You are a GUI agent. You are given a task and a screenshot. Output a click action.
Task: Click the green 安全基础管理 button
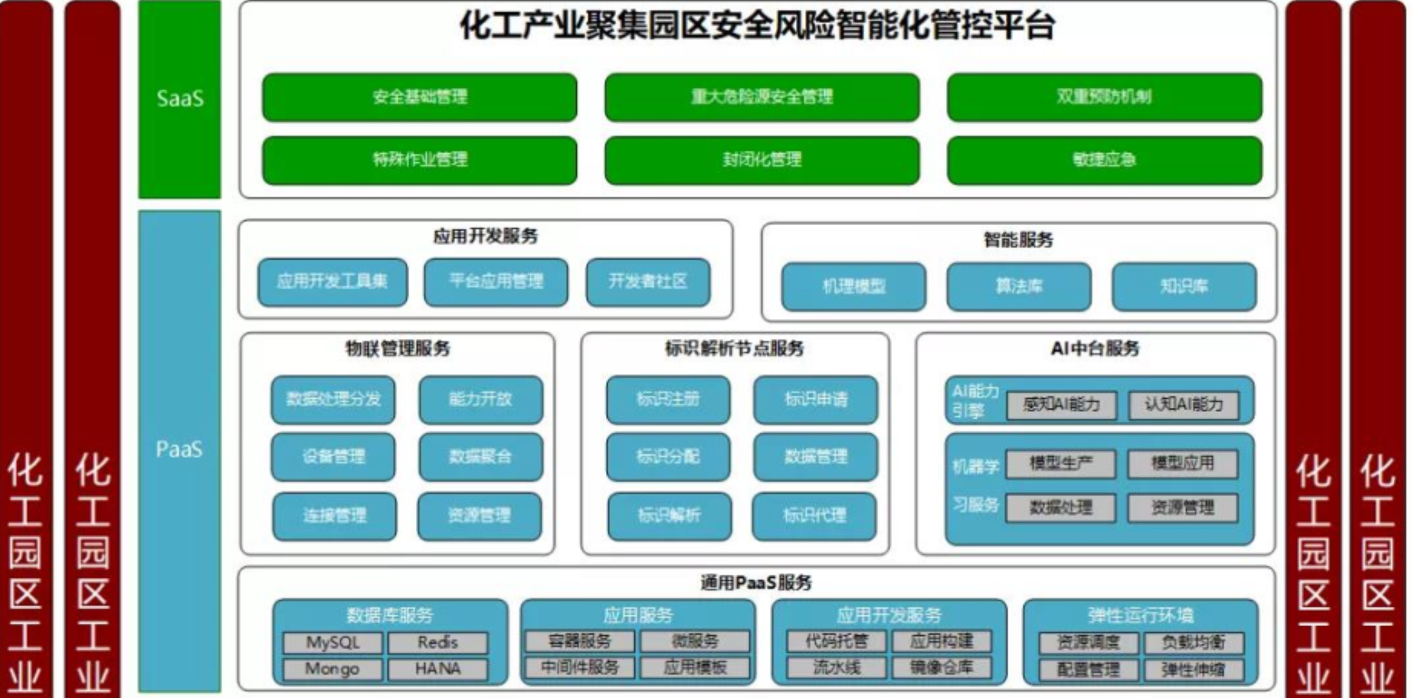419,97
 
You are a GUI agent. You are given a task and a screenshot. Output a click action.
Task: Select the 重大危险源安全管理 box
762,97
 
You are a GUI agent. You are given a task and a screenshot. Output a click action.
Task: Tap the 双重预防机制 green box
1104,97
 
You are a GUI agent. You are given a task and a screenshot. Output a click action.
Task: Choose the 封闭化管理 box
762,160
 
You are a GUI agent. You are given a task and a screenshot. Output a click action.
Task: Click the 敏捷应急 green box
1104,160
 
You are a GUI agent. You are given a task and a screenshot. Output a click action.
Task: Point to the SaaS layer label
180,99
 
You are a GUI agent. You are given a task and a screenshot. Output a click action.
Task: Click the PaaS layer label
179,449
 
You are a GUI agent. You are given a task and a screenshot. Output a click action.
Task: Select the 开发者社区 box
648,282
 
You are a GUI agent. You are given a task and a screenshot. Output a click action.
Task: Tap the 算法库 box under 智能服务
1019,286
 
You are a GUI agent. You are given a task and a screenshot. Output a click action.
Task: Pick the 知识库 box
1184,286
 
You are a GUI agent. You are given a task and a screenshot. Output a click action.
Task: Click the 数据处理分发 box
333,399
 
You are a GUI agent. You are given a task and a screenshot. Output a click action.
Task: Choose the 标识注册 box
668,399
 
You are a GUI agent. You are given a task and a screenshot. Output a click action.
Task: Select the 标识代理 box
814,516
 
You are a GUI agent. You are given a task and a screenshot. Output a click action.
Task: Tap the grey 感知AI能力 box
1061,405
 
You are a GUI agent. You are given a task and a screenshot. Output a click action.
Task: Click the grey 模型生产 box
1060,463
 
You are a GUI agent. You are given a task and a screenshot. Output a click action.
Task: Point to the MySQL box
333,643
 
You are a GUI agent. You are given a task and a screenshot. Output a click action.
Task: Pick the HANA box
437,669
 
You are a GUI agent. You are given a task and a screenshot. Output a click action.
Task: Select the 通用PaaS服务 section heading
756,582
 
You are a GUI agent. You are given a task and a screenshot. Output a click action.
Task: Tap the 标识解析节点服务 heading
734,349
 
